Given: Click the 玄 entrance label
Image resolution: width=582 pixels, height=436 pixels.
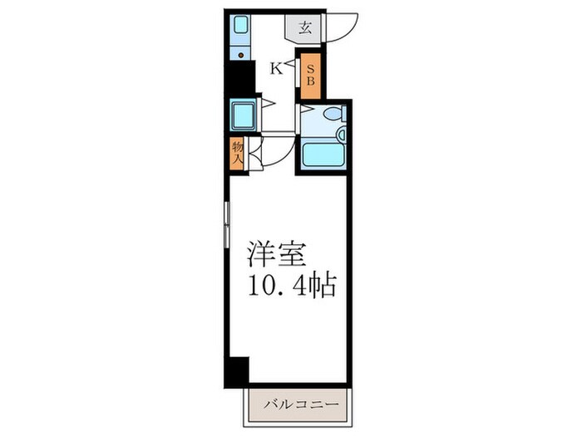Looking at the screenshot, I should [304, 27].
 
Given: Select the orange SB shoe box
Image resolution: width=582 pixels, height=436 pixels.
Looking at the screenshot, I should [309, 75].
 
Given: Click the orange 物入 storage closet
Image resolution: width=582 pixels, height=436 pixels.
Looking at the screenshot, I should [237, 153].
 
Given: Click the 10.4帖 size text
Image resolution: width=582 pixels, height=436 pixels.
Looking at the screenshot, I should [290, 287].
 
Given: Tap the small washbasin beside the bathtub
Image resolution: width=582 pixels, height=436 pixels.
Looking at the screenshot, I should [342, 133].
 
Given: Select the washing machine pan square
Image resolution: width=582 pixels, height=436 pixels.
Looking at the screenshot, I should [244, 115].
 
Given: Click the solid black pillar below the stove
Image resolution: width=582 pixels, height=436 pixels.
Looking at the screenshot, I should [240, 80].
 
